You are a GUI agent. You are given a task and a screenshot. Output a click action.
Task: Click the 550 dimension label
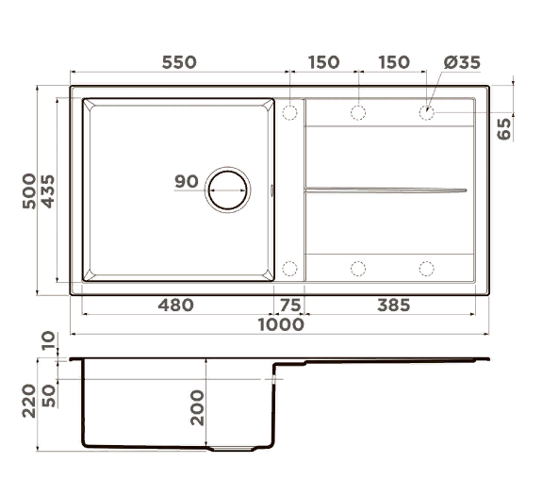178,62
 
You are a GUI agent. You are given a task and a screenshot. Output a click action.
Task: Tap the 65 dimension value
503,128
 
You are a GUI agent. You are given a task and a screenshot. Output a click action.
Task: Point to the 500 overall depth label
29,190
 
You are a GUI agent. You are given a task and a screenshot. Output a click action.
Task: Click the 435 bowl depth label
48,190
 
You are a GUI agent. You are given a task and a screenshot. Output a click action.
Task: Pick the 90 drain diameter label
187,181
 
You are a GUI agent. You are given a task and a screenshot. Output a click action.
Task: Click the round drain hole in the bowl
229,190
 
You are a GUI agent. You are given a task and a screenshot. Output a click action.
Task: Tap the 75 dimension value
289,305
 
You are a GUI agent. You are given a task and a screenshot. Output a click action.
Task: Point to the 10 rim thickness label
49,341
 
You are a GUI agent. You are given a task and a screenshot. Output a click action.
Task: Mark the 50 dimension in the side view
49,393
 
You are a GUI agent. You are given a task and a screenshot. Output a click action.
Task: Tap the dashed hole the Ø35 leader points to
427,113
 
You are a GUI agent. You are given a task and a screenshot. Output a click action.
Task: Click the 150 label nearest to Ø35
393,62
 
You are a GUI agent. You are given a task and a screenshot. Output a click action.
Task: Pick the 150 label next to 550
322,62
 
